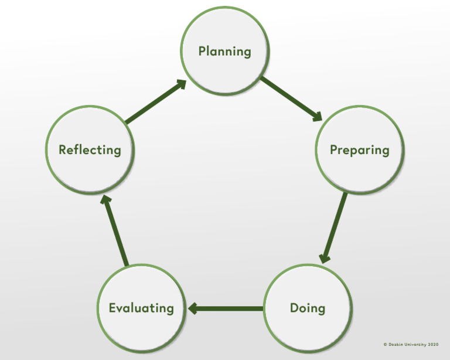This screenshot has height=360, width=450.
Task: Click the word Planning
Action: coord(224,51)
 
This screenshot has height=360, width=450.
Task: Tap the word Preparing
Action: coord(359,150)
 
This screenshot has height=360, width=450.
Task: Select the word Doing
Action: coord(308,308)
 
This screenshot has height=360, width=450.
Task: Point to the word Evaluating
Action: coord(141,308)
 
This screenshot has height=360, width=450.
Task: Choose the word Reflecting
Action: coord(90,150)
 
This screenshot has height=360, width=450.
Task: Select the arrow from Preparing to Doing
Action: coord(333,227)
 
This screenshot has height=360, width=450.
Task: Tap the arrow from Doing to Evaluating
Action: coord(226,308)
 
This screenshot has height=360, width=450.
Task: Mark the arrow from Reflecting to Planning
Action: coord(155,102)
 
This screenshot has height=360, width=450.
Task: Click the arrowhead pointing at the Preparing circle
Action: coord(317,117)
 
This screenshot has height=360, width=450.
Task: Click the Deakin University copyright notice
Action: coord(411,345)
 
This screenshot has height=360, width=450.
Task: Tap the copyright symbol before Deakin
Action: coord(385,345)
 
